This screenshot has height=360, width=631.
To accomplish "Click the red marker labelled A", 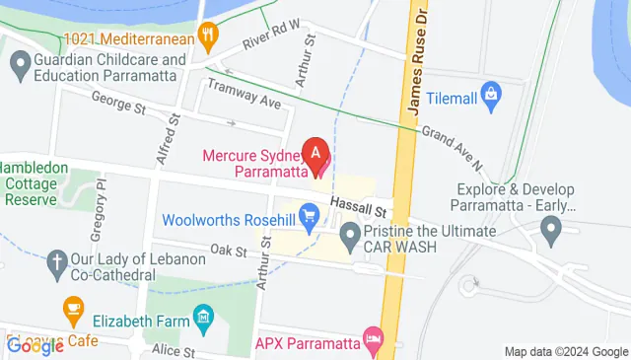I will pyautogui.click(x=315, y=154).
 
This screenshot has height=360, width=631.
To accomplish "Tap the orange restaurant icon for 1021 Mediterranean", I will pyautogui.click(x=207, y=38).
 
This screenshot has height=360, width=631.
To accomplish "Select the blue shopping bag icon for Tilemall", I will pyautogui.click(x=491, y=95).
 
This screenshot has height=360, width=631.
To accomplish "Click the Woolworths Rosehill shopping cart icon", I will pyautogui.click(x=309, y=213).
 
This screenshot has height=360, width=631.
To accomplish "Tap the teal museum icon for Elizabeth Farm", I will pyautogui.click(x=204, y=318).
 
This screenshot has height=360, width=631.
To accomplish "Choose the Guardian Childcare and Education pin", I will pyautogui.click(x=19, y=66).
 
